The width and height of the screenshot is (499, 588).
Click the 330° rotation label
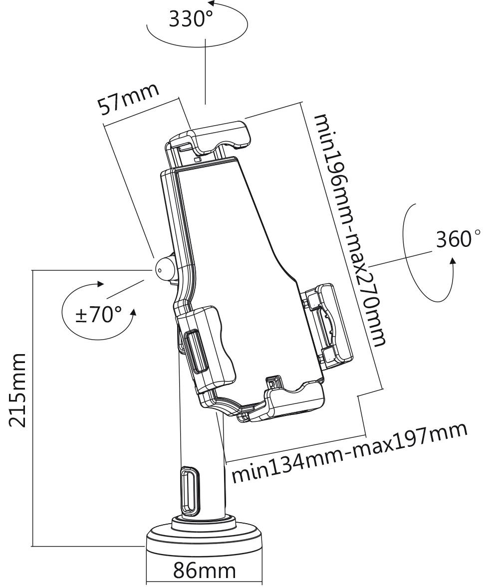(191, 19)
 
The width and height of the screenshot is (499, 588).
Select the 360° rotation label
(458, 239)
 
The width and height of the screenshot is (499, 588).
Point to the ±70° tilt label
(98, 314)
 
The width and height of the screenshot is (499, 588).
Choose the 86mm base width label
(204, 571)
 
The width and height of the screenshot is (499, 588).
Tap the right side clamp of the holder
(327, 324)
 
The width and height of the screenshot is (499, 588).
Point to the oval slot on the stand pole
(190, 492)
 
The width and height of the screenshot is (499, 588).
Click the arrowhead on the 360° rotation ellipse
(453, 261)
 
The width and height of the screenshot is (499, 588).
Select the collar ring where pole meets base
(204, 522)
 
